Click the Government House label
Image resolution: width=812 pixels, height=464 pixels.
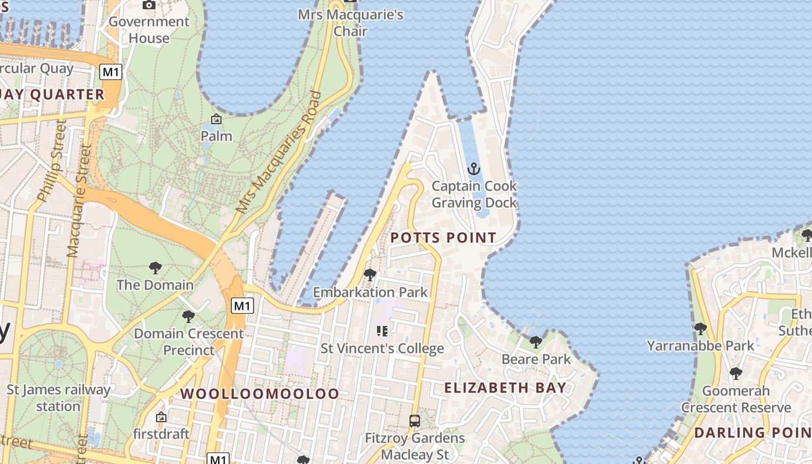point(149,30)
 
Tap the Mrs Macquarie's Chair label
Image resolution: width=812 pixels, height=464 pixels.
point(350,22)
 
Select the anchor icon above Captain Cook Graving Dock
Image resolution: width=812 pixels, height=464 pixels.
point(474,169)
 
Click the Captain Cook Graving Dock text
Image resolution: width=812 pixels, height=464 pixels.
point(474,194)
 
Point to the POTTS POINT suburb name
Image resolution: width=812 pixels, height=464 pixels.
point(443,237)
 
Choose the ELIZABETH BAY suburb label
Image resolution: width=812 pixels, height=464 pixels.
point(505,388)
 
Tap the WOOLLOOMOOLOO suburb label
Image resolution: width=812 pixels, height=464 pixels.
point(259,394)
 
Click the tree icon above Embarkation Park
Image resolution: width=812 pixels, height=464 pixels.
point(369,274)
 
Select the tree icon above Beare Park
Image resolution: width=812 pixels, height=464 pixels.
point(536,342)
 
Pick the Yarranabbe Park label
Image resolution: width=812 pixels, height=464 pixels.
point(701,346)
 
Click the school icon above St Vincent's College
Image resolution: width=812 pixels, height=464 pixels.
point(382,331)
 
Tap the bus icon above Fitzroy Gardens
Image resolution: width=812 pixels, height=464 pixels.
point(415,420)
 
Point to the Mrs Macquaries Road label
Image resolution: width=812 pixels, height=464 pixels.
point(278,152)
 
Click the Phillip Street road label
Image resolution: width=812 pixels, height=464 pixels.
point(52,160)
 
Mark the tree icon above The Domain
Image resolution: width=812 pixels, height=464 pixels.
point(155,267)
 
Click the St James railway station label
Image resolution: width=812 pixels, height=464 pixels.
point(58,397)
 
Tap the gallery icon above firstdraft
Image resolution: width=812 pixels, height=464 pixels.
point(161,417)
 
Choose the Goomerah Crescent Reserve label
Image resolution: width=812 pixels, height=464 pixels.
point(735,399)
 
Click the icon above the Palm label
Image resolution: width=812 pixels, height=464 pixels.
point(216,119)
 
